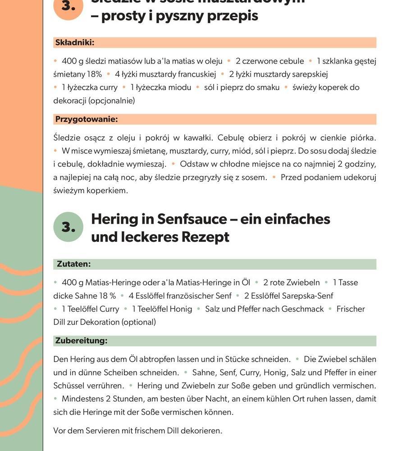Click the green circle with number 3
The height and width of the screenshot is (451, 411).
[x=68, y=227]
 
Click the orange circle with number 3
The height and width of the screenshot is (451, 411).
[x=68, y=6]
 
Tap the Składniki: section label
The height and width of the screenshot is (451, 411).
[x=74, y=43]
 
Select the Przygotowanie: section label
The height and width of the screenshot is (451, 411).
[x=86, y=120]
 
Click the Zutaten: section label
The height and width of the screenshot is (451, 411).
[x=73, y=264]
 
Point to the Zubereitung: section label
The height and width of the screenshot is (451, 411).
[x=81, y=341]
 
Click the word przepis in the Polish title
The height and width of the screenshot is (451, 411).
[x=235, y=16]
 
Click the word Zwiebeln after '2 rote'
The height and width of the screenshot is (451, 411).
[x=301, y=283]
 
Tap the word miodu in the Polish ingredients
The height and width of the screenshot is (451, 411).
[x=179, y=87]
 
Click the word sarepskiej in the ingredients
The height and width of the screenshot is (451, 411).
[x=310, y=74]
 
